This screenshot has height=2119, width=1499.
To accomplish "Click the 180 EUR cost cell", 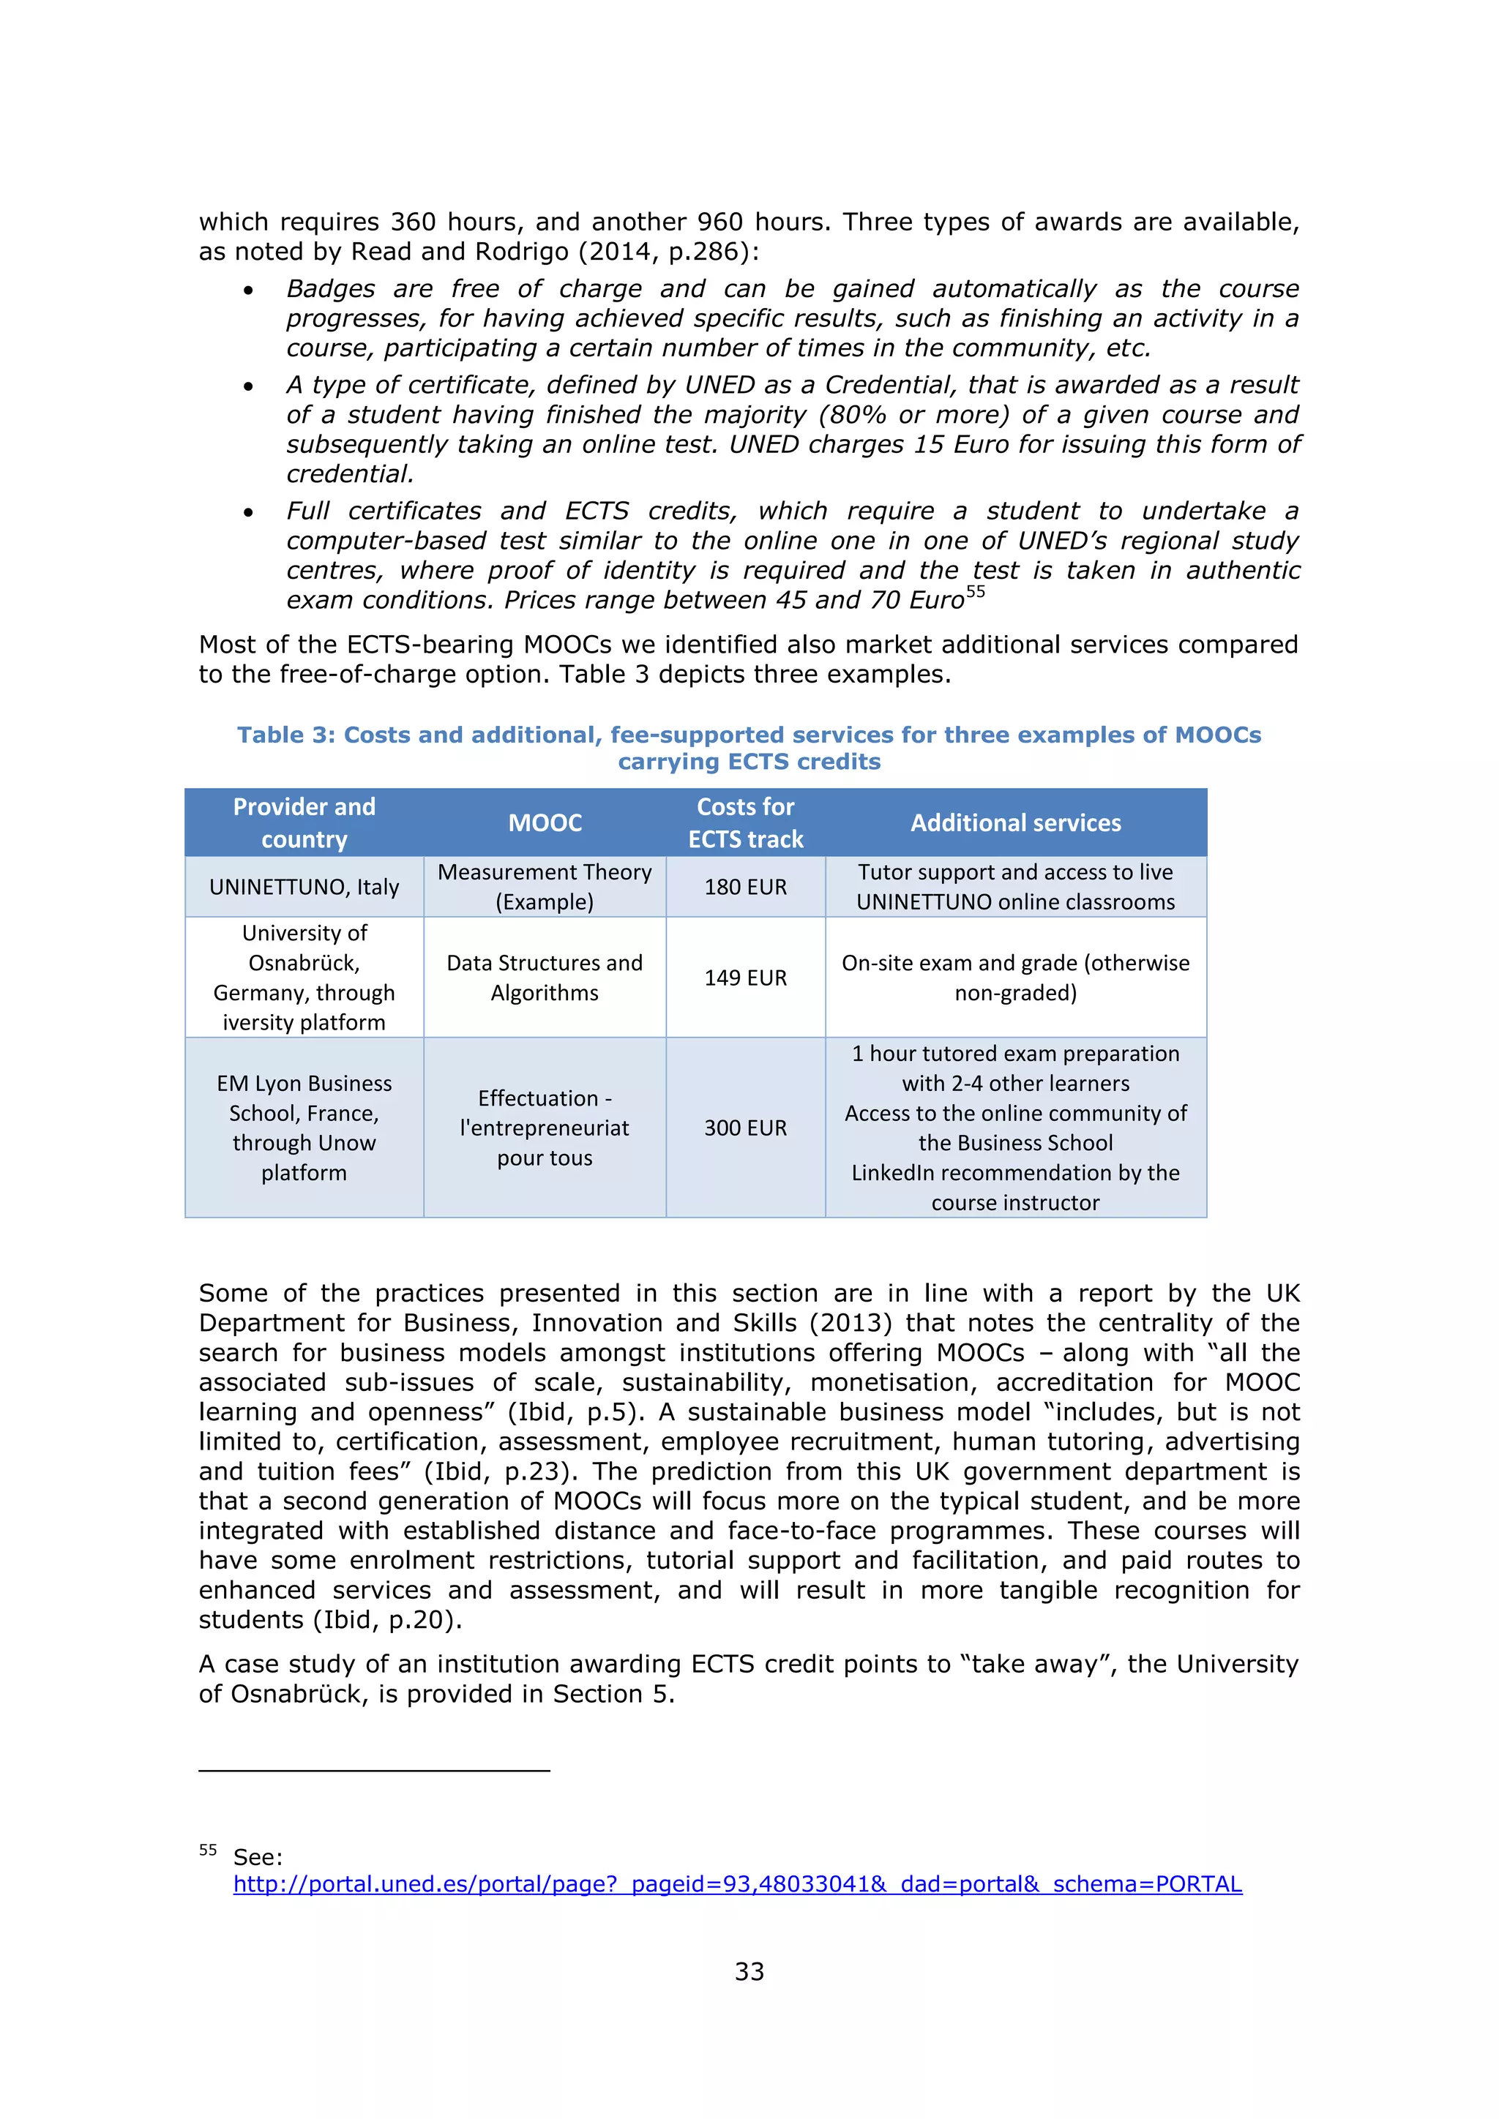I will point(745,887).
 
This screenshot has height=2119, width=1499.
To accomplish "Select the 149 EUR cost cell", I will point(745,978).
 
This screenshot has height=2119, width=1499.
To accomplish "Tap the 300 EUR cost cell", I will point(745,1128).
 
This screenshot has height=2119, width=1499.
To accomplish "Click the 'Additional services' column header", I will point(1015,822).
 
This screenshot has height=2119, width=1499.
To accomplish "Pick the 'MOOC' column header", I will point(545,822).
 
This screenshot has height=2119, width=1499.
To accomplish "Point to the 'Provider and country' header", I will point(304,822).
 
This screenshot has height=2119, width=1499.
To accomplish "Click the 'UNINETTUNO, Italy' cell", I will point(304,887).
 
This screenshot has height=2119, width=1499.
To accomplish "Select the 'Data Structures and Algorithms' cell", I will point(545,978).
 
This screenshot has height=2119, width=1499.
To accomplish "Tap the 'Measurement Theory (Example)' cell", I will point(545,887).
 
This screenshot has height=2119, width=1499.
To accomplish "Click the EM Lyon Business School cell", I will point(304,1128).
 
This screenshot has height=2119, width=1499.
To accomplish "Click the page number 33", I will point(749,1971).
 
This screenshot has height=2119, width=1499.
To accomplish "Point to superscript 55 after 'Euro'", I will point(976,592).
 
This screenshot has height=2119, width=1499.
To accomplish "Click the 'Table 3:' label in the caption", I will point(286,735).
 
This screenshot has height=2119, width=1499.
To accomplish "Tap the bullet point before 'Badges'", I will point(248,290).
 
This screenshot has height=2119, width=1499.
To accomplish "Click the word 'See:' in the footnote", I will point(258,1857).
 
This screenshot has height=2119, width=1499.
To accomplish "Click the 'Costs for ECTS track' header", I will point(745,822).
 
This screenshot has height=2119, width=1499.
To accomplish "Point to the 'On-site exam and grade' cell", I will point(1015,978).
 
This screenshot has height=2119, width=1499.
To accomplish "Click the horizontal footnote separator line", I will point(374,1770).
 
